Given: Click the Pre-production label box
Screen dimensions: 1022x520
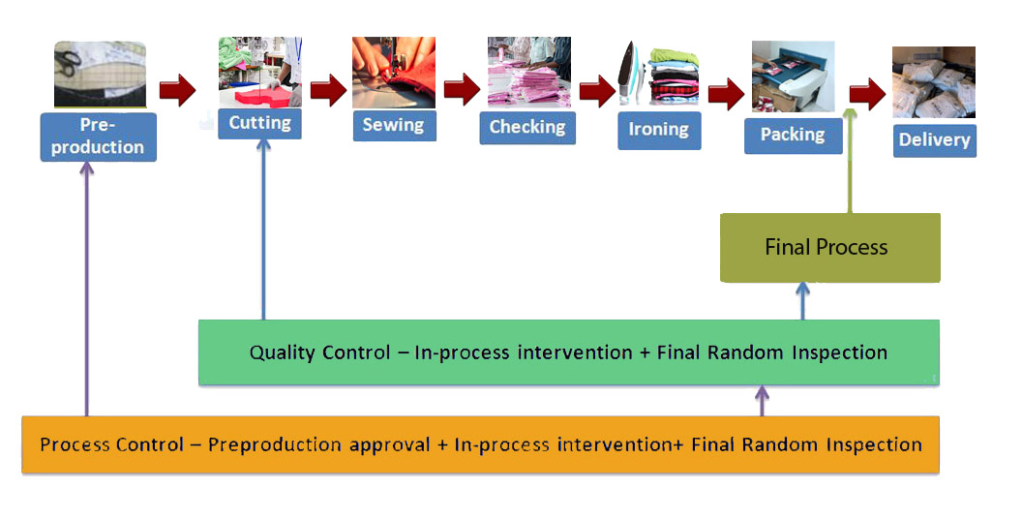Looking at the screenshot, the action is [x=99, y=137].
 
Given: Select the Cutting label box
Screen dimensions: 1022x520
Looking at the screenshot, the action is [x=260, y=123].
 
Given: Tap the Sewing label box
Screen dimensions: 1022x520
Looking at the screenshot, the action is [x=394, y=125].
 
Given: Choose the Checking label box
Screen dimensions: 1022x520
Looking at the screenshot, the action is [x=528, y=128].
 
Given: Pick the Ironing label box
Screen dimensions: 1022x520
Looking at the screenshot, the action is [x=660, y=131].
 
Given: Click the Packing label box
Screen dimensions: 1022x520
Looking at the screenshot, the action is [x=794, y=136].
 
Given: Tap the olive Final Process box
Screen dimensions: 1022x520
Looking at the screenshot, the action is [x=829, y=248].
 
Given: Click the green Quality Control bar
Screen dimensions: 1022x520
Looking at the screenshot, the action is [x=569, y=352].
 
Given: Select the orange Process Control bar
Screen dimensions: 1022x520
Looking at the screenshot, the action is [x=480, y=445].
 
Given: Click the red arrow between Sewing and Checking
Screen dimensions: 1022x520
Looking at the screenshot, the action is [x=463, y=89].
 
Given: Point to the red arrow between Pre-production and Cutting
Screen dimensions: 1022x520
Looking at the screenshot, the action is [x=177, y=89].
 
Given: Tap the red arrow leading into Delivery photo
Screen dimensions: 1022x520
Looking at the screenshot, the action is [x=867, y=95].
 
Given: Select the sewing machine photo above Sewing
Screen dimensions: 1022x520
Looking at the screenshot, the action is [x=394, y=73].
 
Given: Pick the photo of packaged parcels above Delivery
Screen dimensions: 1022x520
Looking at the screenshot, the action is [x=934, y=82].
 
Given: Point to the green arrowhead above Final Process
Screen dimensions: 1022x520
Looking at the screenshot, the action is [x=850, y=113].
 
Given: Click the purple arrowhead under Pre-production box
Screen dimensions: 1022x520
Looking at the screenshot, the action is [x=87, y=168].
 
